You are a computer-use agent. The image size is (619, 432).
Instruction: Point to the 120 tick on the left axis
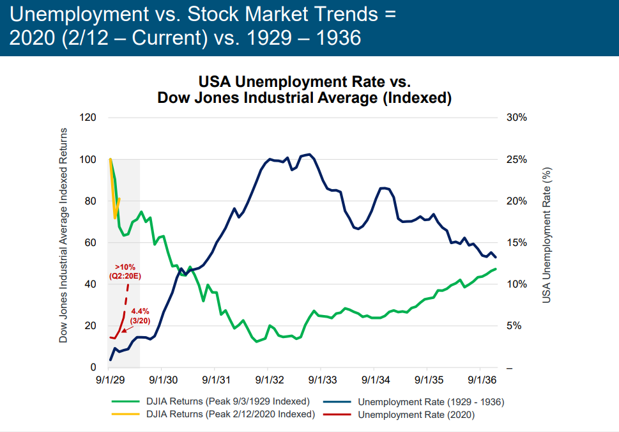tap(88, 118)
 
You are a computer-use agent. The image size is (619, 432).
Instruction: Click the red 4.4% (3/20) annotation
tap(140, 316)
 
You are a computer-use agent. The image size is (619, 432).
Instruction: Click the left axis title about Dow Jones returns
tap(63, 235)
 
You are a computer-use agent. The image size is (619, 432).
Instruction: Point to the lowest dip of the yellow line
tap(115, 219)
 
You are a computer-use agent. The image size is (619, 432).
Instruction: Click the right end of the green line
tap(496, 269)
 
